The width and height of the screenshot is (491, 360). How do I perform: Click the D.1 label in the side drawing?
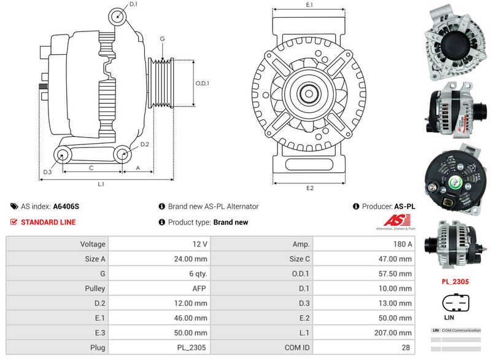134,4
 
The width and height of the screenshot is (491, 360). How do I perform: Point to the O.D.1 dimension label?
203,84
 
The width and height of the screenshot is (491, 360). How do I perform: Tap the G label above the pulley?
162,39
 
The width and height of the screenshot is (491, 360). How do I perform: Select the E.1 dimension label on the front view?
309,5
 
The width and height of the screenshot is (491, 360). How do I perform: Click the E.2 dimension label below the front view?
310,187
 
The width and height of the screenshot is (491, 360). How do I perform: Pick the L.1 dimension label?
101,184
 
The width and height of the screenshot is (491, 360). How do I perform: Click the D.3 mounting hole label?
47,172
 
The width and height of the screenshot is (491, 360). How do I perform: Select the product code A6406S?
66,207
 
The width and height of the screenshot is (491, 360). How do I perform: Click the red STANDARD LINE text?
48,222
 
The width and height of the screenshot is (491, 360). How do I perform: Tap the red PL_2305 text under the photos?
456,282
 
